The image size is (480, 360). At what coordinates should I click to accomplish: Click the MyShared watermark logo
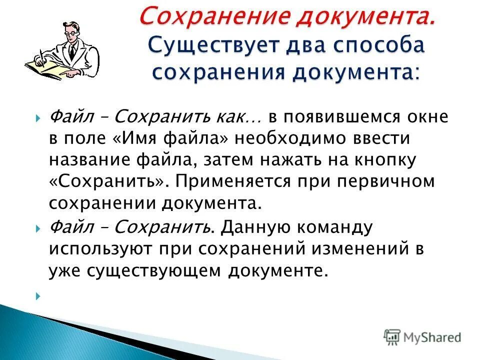pyautogui.click(x=422, y=337)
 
